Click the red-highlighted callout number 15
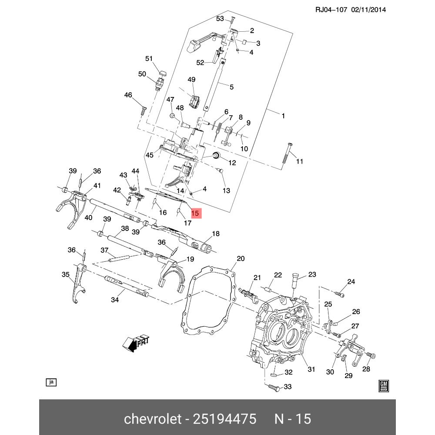pyautogui.click(x=195, y=213)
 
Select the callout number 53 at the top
pyautogui.click(x=220, y=19)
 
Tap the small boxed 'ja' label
pyautogui.click(x=51, y=382)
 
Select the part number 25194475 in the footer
pyautogui.click(x=222, y=419)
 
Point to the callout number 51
pyautogui.click(x=149, y=59)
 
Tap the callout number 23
pyautogui.click(x=312, y=274)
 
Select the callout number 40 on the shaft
pyautogui.click(x=89, y=217)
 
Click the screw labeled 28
pyautogui.click(x=371, y=356)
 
